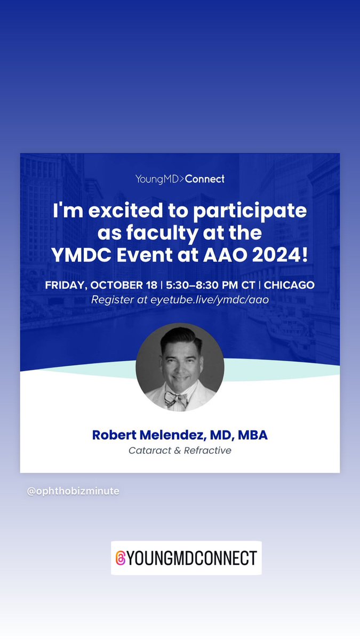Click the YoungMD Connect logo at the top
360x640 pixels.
(180, 179)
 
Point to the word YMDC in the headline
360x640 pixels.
(78, 255)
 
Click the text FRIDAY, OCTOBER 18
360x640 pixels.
(101, 285)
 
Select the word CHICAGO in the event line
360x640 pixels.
(289, 285)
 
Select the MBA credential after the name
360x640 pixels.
(253, 435)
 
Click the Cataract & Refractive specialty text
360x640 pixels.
(180, 450)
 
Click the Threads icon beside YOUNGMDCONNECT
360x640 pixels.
(121, 558)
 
